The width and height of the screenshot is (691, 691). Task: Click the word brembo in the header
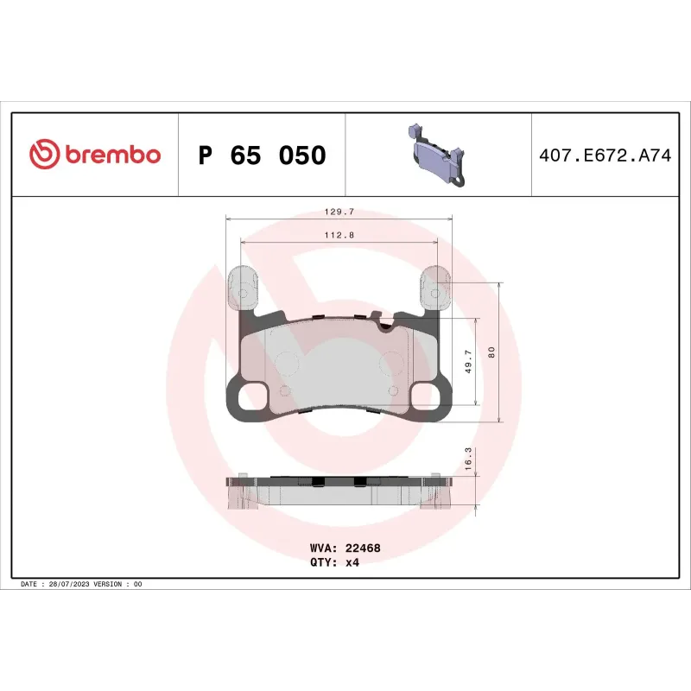point(111,155)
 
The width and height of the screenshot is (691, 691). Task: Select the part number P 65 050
point(262,155)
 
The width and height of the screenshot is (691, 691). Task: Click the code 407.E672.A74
point(604,155)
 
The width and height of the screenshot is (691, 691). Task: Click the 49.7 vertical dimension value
point(468,361)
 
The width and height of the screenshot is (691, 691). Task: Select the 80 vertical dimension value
point(491,352)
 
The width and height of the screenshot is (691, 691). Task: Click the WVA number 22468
point(362,548)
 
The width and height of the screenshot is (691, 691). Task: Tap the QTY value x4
point(352,561)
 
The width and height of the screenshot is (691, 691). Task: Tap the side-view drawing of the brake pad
point(339,493)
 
